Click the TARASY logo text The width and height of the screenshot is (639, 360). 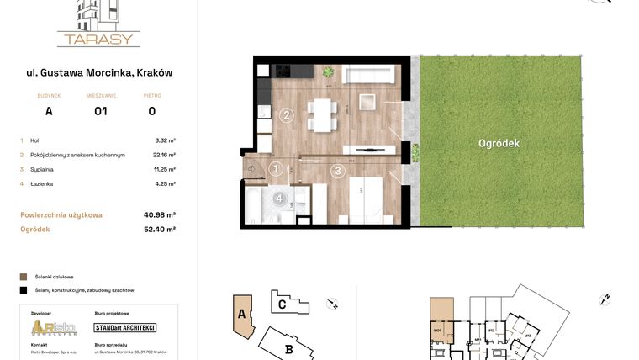tap(98, 39)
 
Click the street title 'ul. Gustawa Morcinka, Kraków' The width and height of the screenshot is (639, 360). tap(99, 72)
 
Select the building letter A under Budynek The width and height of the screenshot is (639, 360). tap(49, 110)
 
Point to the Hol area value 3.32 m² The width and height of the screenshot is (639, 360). tap(165, 140)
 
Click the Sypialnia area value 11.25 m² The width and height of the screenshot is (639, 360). tap(165, 169)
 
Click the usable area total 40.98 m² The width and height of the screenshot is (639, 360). tap(159, 214)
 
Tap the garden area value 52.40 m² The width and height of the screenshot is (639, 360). tap(159, 228)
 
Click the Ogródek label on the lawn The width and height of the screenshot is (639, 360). tap(499, 143)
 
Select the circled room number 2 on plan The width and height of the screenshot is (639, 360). tap(287, 115)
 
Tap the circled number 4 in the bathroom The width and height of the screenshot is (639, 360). tap(279, 199)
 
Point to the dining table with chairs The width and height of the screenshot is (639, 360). tap(322, 114)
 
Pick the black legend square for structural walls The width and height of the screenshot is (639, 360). tap(23, 290)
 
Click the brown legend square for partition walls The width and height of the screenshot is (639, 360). tap(23, 276)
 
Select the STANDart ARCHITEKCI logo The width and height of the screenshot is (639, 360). tap(124, 328)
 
